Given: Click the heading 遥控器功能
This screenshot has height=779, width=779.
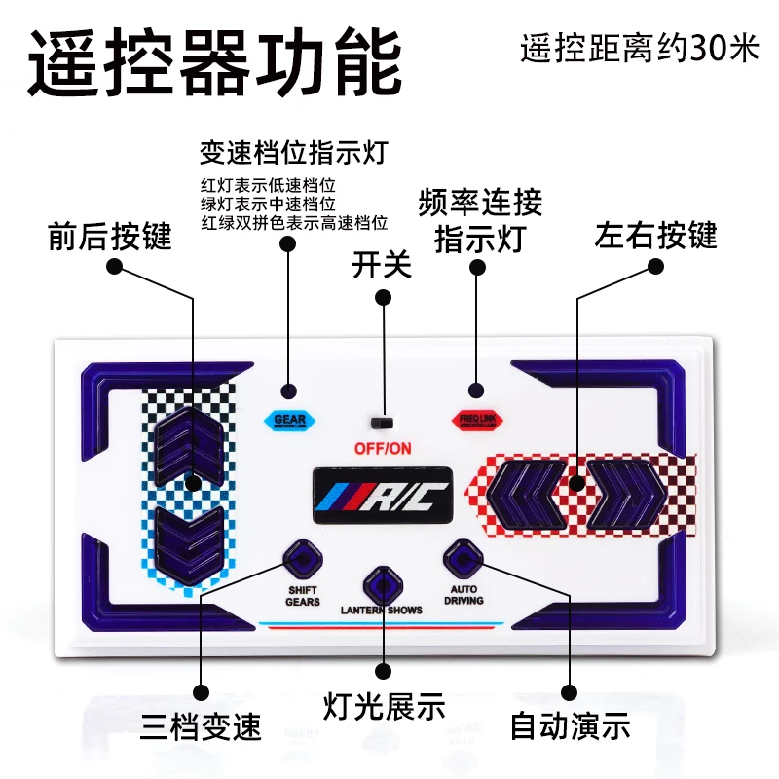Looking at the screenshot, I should coord(214,61).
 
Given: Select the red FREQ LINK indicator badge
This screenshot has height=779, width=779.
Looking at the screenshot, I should coord(476,420).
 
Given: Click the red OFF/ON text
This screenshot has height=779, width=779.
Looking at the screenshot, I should coord(383,449).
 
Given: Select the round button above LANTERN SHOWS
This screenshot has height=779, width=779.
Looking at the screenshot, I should coord(382,585).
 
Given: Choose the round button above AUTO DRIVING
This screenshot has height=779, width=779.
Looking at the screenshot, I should coord(462,559).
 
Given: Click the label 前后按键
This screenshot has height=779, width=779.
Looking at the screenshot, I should coord(110,237).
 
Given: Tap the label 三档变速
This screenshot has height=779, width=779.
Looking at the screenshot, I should coord(202,724).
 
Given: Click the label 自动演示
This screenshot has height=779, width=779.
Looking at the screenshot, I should coord(571,724).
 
